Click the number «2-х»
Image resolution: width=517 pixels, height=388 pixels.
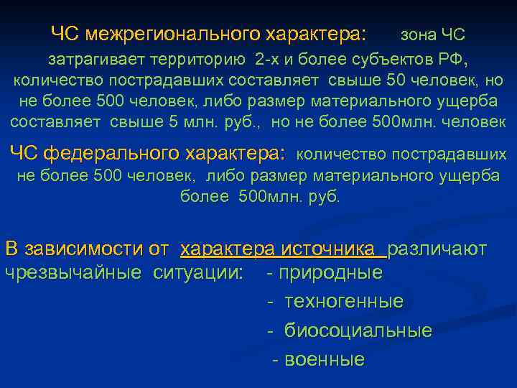tap(256, 57)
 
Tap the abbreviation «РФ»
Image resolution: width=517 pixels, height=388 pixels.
tap(454, 57)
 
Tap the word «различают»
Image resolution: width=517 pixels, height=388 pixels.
tap(437, 249)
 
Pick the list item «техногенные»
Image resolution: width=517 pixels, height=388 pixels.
tap(343, 301)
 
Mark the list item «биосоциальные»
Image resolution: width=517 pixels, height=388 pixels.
tap(358, 331)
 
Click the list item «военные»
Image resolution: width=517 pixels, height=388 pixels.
tap(325, 359)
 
